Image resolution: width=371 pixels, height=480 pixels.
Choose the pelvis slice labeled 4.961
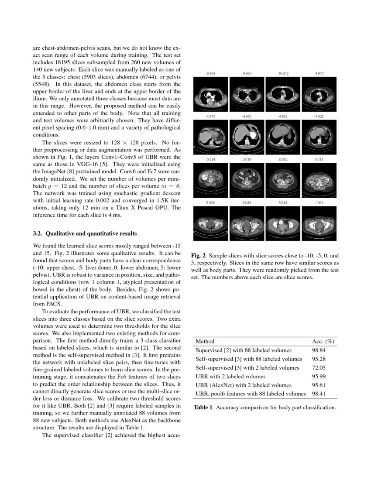319,221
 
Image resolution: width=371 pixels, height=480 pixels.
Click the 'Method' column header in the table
205,341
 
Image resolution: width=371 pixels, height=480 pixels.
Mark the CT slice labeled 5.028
210,221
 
